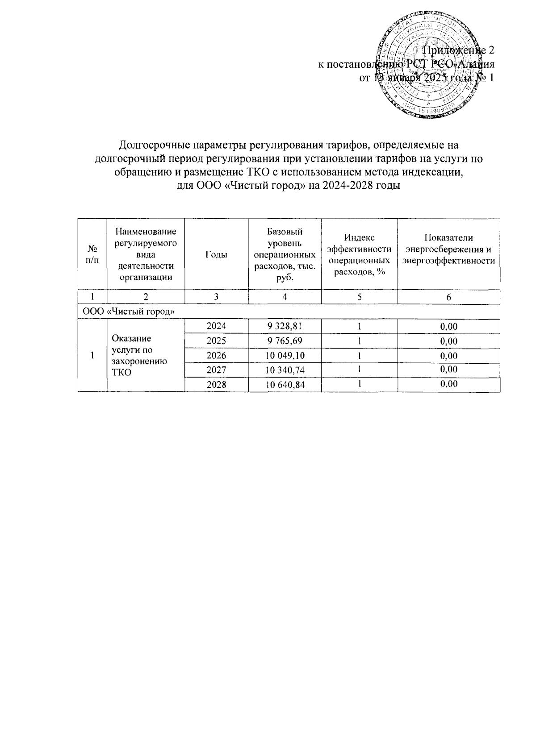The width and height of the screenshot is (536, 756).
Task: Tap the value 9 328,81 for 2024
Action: tap(285, 326)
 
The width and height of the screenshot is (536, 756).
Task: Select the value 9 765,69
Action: tap(285, 341)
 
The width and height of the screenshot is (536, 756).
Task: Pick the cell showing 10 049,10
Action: tap(285, 356)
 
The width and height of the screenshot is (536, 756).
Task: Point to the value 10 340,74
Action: tap(285, 370)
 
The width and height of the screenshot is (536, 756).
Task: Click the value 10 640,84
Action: tap(285, 385)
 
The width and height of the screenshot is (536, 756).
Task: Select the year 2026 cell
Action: tap(216, 356)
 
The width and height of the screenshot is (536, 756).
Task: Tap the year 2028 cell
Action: tap(216, 385)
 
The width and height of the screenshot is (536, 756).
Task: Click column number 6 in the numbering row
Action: tap(448, 297)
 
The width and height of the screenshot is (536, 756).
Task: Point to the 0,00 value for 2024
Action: tap(448, 326)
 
